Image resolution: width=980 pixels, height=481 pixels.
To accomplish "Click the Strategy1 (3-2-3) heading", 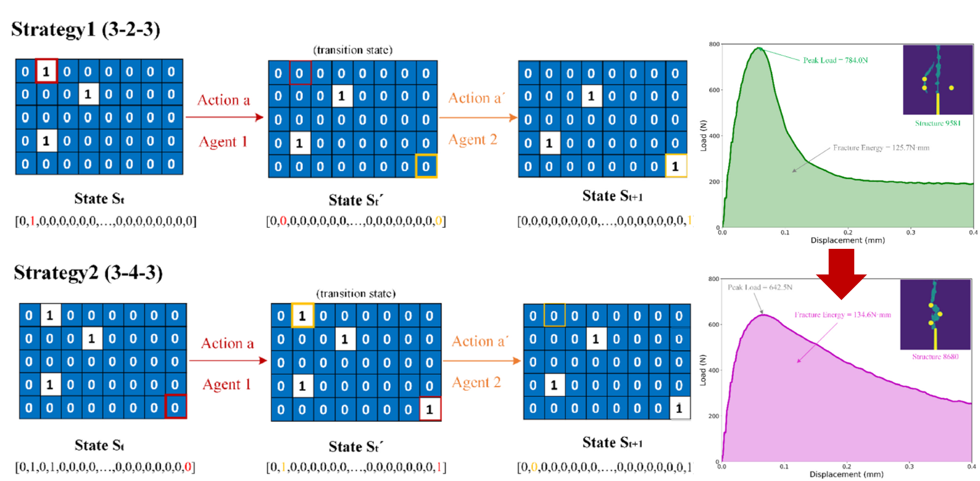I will (x=86, y=29).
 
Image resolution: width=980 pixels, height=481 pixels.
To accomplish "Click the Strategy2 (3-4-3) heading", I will (x=88, y=272).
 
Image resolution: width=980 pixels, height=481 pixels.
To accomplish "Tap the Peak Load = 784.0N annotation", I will (x=835, y=60).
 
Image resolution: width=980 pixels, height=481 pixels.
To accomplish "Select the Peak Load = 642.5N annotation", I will (x=760, y=287).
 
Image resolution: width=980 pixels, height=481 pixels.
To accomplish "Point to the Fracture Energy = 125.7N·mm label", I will (x=881, y=148).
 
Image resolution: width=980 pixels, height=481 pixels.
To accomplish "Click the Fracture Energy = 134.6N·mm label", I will (x=842, y=315).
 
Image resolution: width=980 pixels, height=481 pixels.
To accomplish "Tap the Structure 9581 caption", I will (x=937, y=123).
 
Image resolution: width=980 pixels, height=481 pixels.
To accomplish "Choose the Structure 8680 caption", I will (x=935, y=357).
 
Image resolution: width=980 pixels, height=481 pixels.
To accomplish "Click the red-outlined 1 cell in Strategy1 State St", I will (x=46, y=71).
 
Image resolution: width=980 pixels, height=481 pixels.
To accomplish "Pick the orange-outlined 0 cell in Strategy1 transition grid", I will (x=426, y=166).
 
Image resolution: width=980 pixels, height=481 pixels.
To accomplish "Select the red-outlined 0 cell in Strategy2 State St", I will (x=175, y=408).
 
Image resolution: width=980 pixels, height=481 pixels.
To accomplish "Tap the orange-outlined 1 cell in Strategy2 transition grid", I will (x=302, y=316).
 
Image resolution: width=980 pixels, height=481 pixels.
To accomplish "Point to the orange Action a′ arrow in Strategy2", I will (x=481, y=361).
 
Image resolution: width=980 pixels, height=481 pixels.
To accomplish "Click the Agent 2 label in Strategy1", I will (x=473, y=140).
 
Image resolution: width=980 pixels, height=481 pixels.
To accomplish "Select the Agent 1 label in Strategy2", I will (x=226, y=384).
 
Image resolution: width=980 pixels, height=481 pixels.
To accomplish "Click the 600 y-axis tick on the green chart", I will (x=714, y=90).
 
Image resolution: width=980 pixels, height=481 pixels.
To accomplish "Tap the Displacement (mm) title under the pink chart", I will (x=846, y=474).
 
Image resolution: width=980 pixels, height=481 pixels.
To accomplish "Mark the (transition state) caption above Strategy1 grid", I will (x=352, y=50).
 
